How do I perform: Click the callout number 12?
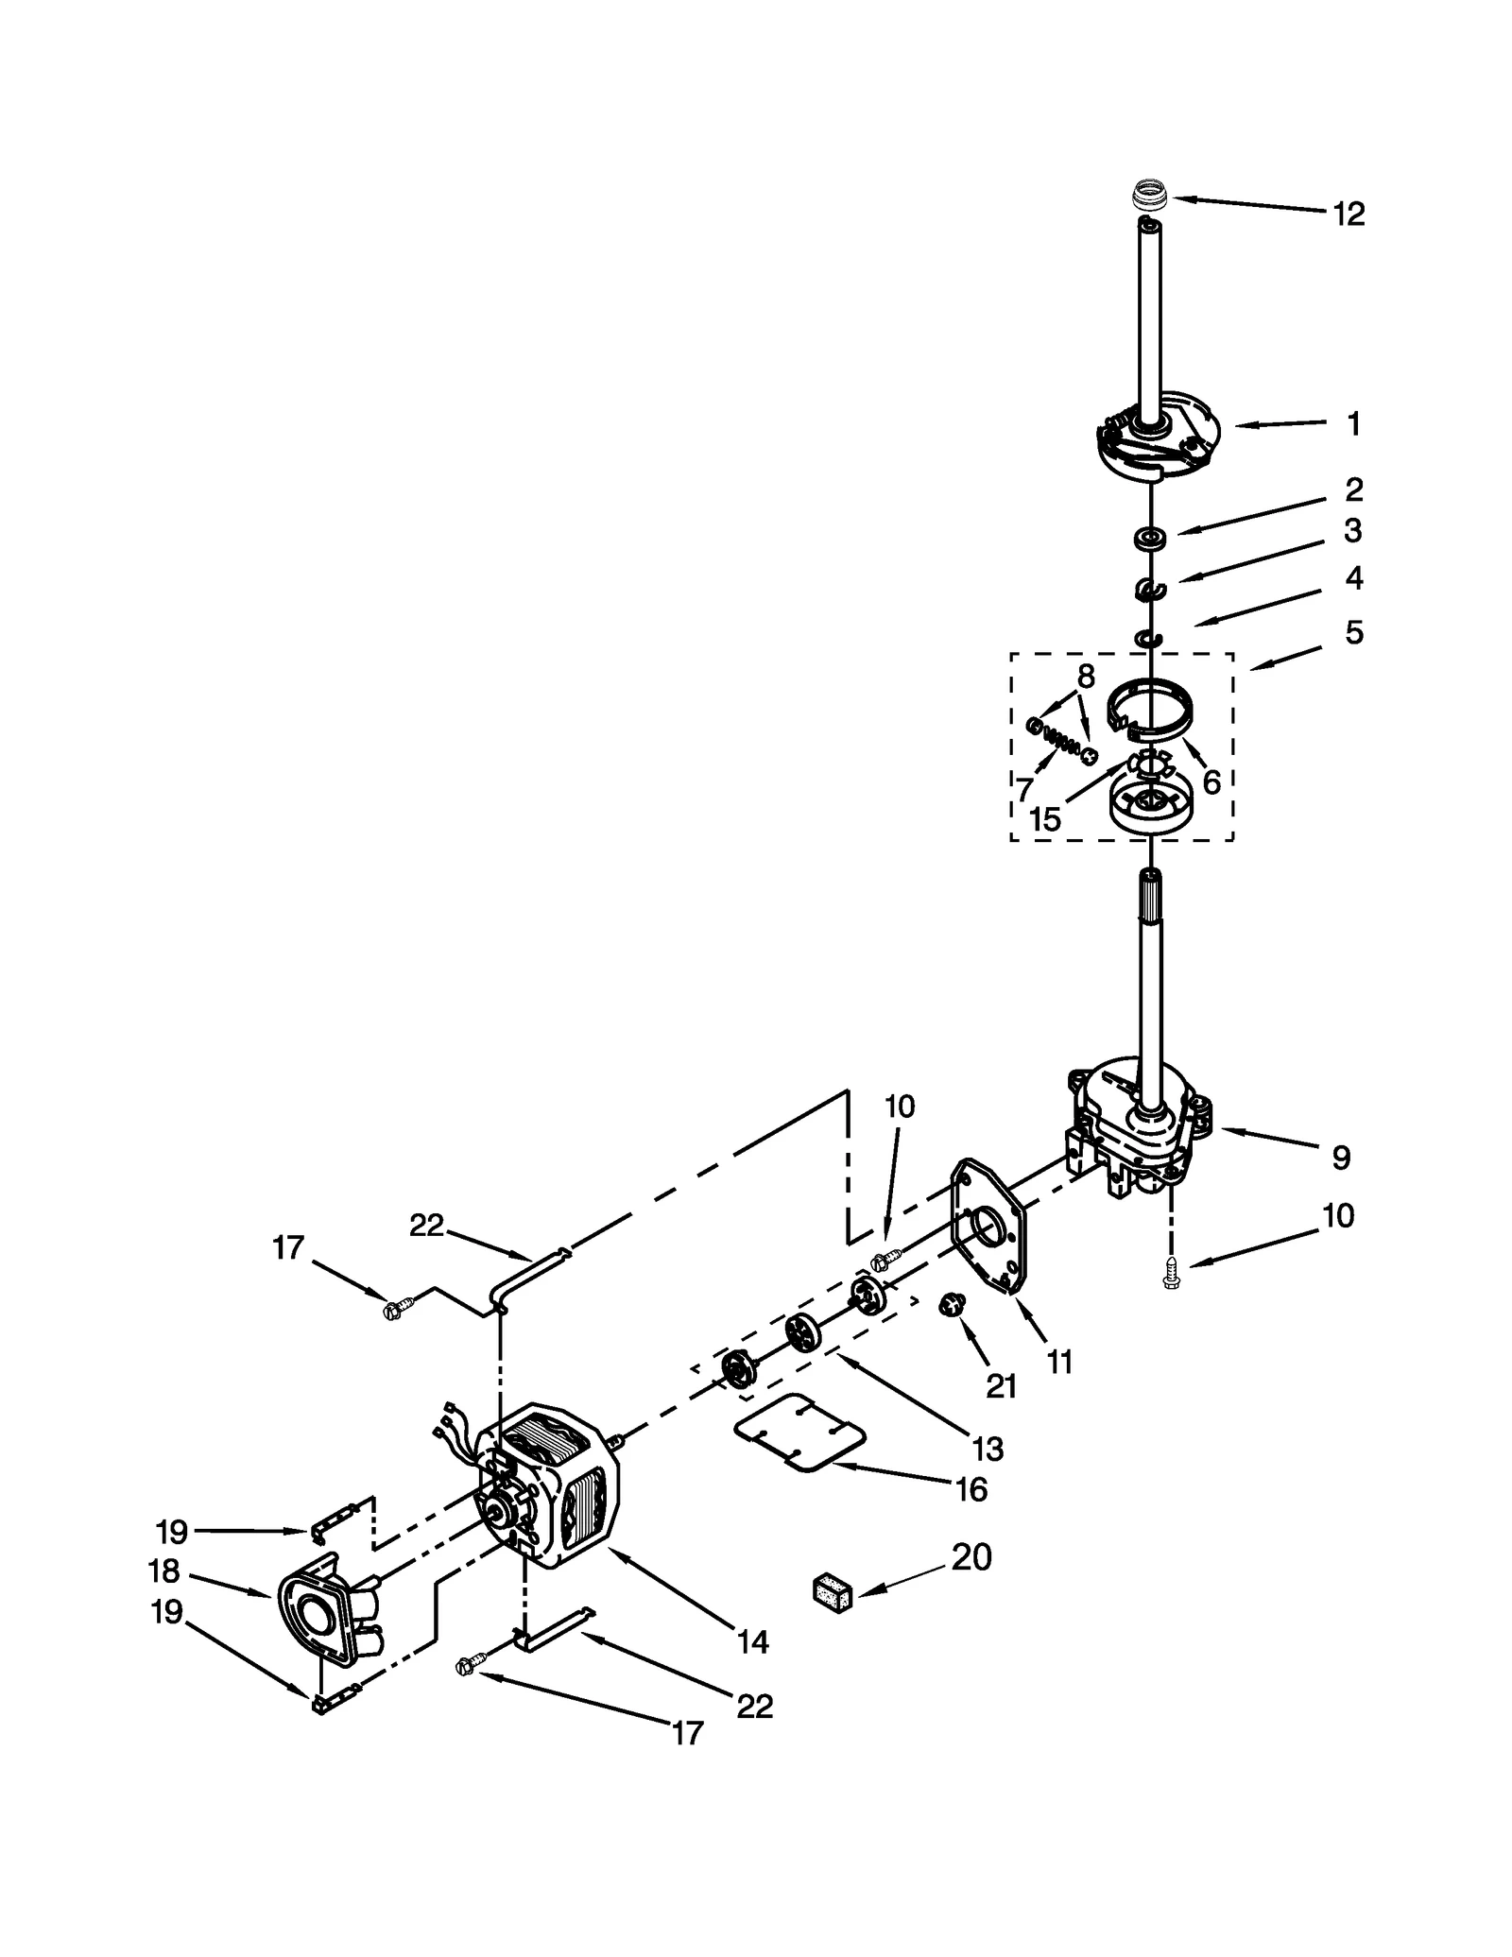click(x=1349, y=215)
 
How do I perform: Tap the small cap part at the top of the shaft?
click(x=1150, y=197)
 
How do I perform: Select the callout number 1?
click(x=1353, y=424)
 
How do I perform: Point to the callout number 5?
click(x=1354, y=632)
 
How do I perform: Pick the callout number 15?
click(x=1045, y=819)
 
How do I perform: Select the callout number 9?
click(x=1340, y=1157)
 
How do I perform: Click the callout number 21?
click(x=1001, y=1386)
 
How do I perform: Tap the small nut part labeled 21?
click(x=951, y=1306)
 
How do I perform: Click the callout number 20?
click(x=971, y=1556)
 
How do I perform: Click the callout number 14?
click(x=752, y=1641)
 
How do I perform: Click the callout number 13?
click(x=987, y=1449)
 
